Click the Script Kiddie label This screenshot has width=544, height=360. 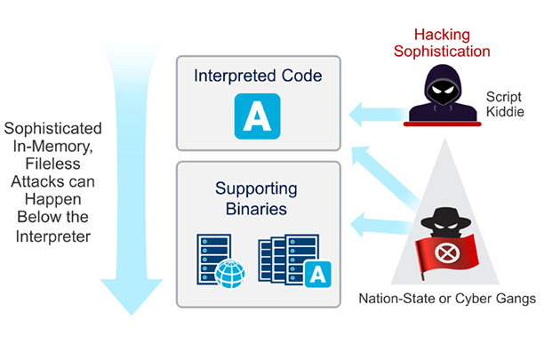coord(504,104)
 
